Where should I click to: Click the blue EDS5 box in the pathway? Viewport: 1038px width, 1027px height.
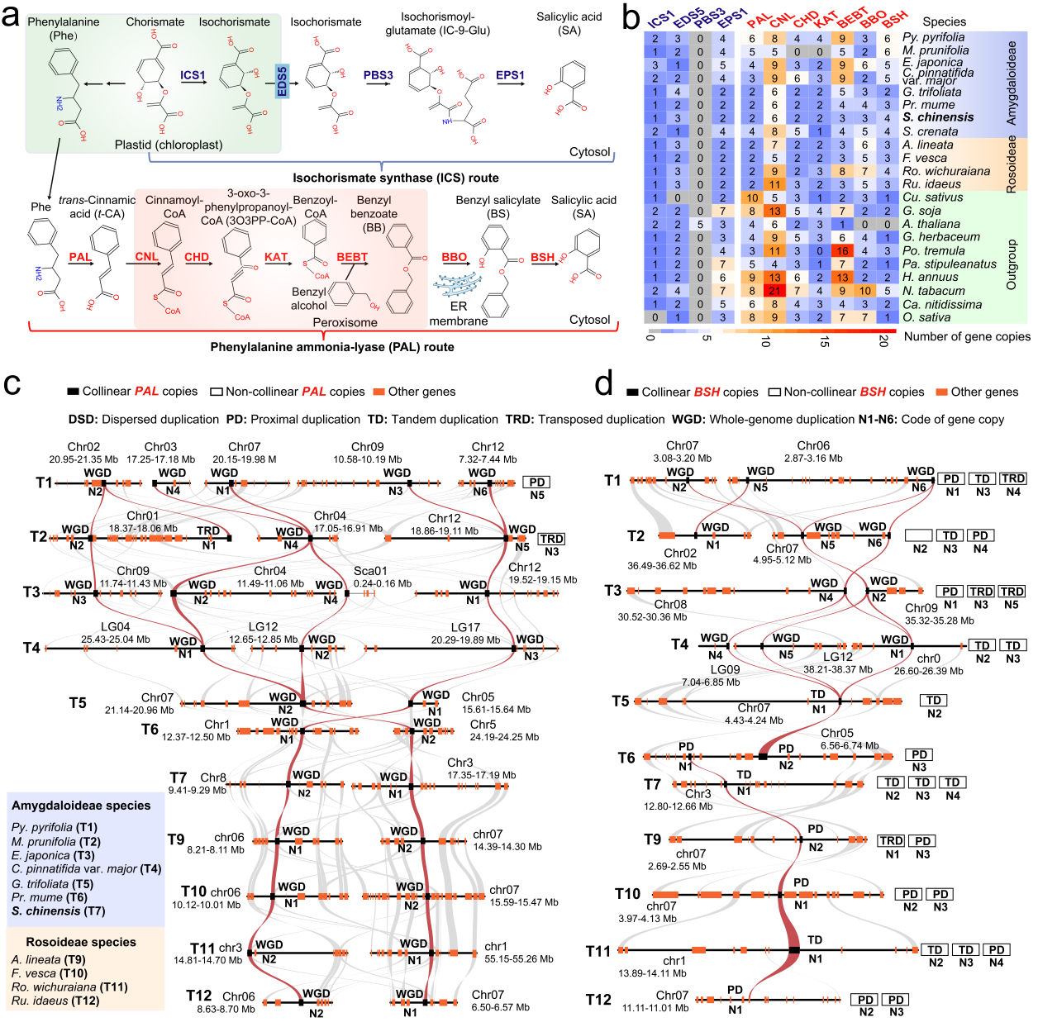282,82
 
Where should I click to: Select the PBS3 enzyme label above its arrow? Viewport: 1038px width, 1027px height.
379,75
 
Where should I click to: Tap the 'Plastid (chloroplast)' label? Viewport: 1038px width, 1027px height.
169,145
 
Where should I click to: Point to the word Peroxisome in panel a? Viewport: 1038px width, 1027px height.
345,322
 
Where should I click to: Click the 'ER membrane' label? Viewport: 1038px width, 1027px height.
458,313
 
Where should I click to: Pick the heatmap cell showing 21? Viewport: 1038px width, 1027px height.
774,291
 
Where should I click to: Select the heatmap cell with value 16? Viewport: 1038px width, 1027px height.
842,250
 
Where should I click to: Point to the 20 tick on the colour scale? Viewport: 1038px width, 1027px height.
883,341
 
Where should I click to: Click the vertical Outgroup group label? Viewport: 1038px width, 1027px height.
1011,264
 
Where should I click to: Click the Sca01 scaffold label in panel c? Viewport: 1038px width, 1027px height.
370,571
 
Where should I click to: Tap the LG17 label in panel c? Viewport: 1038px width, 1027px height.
465,627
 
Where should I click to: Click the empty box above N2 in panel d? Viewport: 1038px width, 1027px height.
919,535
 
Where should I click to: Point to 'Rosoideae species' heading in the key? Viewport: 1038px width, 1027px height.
81,942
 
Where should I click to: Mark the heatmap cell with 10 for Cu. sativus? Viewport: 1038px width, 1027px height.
752,197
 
